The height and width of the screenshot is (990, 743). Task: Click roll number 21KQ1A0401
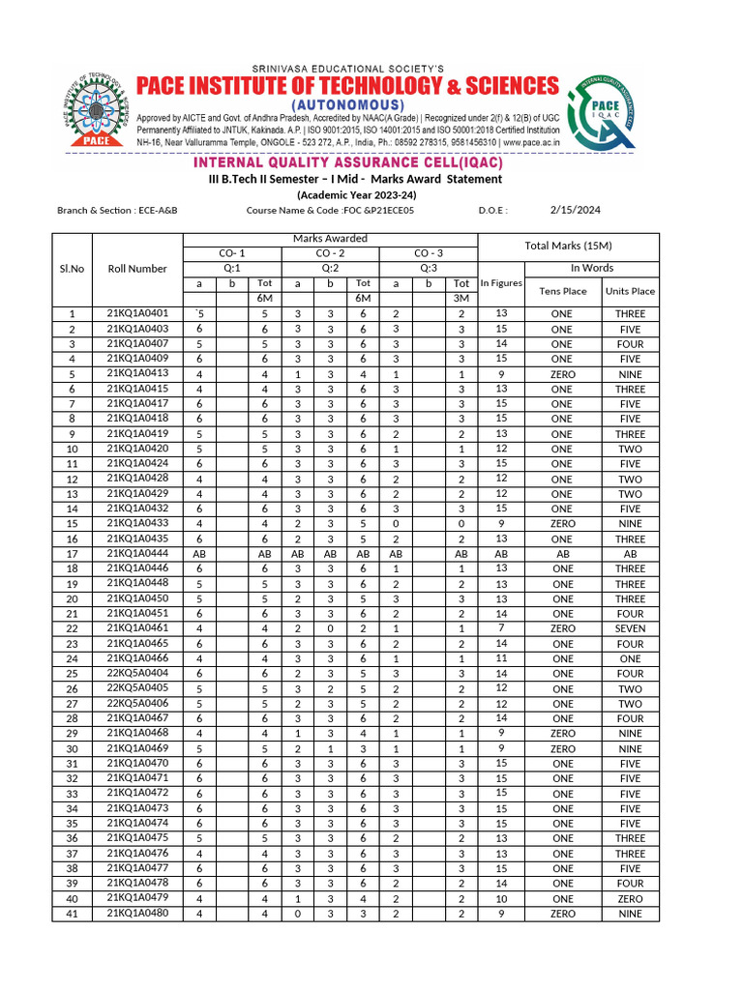click(137, 313)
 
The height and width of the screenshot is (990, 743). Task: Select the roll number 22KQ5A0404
click(137, 672)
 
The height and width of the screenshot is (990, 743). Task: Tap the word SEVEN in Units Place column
click(630, 628)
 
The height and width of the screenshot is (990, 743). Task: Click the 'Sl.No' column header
click(72, 269)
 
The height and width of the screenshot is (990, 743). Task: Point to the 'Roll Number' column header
click(137, 269)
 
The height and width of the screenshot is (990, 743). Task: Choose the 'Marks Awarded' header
click(330, 239)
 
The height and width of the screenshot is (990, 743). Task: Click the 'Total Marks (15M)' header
click(568, 246)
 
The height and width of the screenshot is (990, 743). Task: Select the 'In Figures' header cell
click(501, 283)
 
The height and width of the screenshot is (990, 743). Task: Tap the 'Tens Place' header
click(562, 291)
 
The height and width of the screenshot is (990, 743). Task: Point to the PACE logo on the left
click(96, 107)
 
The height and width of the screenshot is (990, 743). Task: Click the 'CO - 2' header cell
click(330, 253)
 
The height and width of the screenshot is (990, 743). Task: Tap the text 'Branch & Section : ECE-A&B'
click(117, 210)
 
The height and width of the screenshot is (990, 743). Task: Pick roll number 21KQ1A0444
click(137, 553)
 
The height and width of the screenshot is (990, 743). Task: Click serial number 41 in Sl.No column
click(72, 914)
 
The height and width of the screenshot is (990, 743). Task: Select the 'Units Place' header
click(630, 291)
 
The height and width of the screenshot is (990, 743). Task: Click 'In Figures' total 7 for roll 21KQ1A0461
click(501, 628)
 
